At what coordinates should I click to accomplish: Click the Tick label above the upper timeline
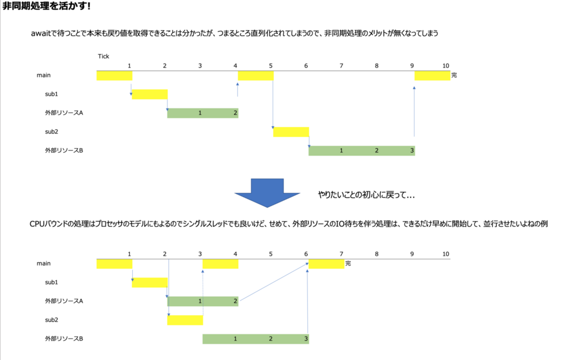coord(103,56)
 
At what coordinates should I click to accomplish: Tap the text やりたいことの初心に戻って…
coord(366,195)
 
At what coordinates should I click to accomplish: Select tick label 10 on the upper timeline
coord(446,66)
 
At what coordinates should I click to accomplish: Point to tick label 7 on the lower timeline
coord(341,254)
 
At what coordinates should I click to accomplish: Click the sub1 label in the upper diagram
coord(51,94)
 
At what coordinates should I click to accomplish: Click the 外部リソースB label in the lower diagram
coord(64,339)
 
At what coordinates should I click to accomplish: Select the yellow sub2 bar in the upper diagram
coord(291,132)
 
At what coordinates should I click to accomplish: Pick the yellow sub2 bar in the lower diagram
coord(185,320)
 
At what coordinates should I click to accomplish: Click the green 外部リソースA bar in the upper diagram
coord(202,113)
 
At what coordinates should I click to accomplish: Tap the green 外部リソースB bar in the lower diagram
coord(256,339)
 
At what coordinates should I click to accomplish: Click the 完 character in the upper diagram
coord(454,76)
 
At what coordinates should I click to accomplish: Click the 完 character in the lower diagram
coord(348,263)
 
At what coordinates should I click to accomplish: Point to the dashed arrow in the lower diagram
coord(203,292)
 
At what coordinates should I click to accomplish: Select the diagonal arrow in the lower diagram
coord(273,282)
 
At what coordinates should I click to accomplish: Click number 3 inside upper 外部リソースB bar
coord(412,151)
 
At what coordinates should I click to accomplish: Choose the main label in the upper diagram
coord(44,76)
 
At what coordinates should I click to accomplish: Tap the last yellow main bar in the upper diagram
coord(432,76)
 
